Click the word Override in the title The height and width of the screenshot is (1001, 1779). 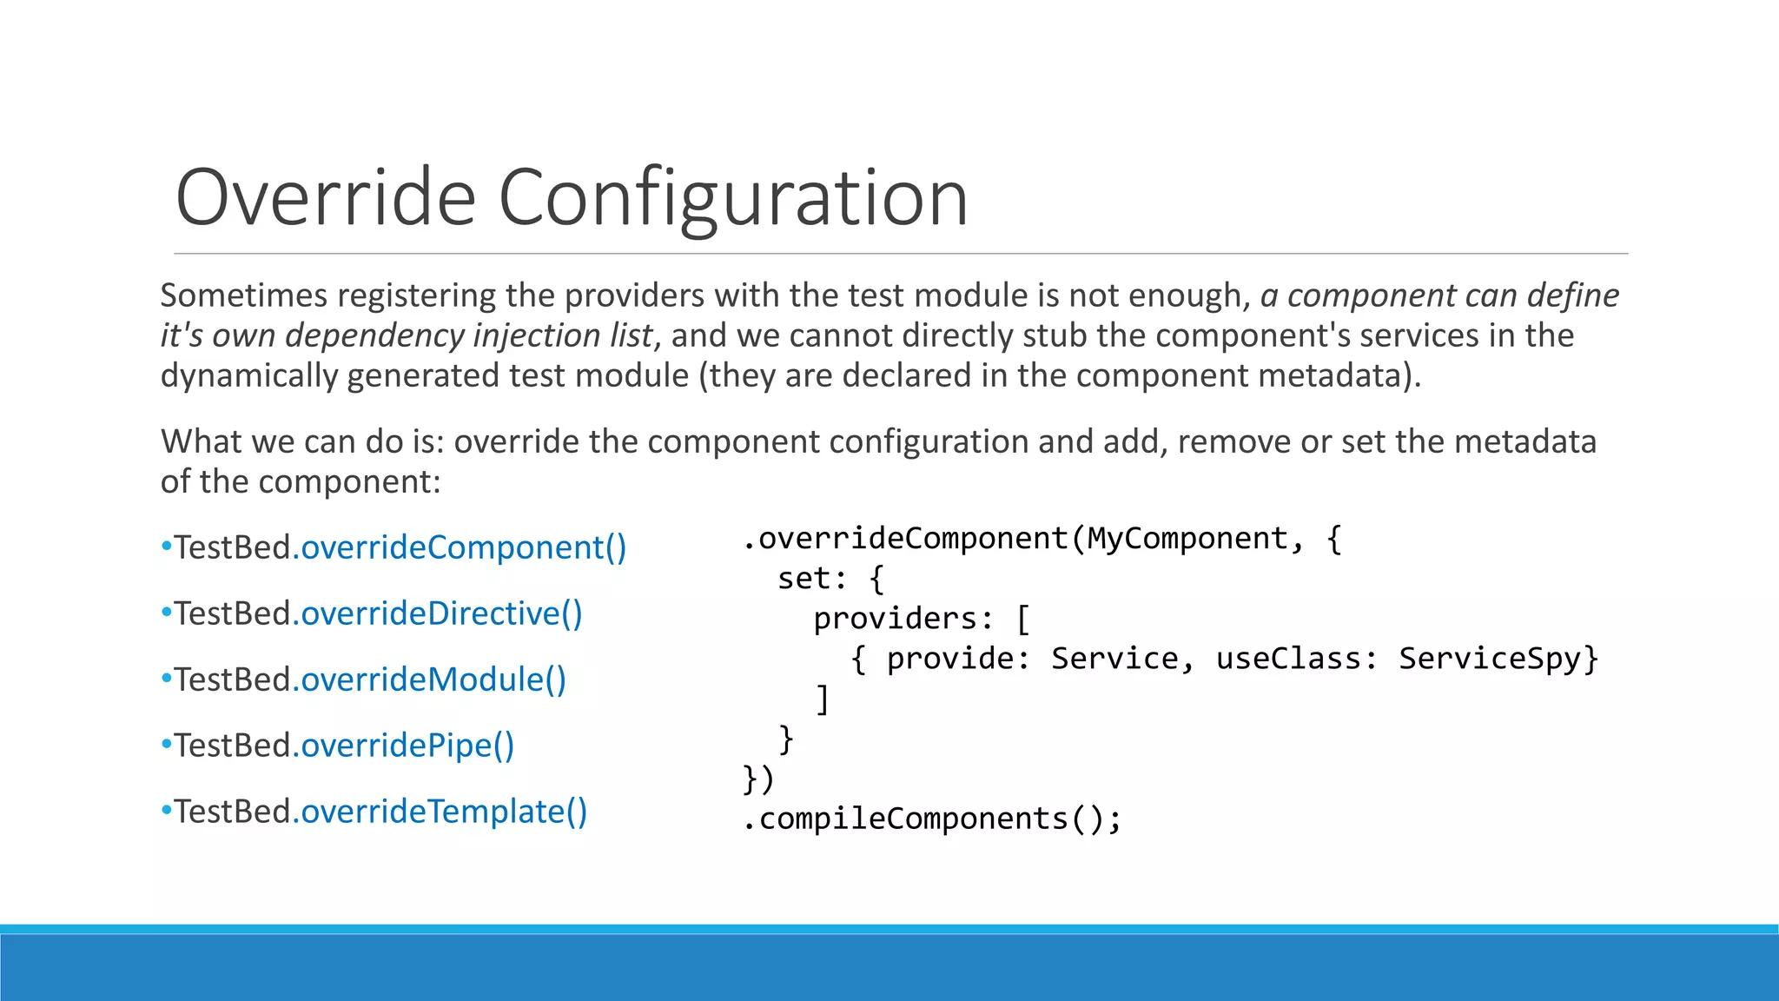[326, 198]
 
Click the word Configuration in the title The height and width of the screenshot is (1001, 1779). [733, 200]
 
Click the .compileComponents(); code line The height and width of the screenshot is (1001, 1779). [932, 819]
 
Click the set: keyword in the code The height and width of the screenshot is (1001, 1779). [812, 579]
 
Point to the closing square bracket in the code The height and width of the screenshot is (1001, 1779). [823, 699]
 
